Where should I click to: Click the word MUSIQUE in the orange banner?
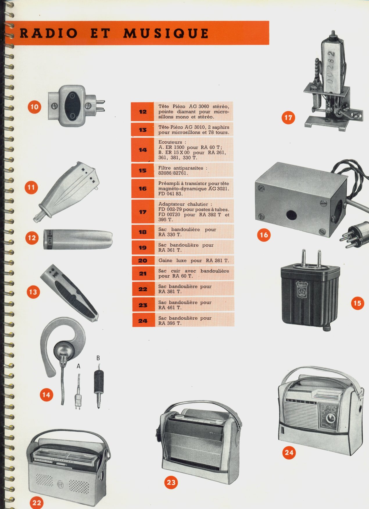tap(166, 33)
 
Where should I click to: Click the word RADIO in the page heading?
tap(49, 33)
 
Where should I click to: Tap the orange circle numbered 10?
tap(34, 107)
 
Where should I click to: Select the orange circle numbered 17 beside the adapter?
tap(288, 118)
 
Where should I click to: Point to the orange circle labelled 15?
tap(357, 303)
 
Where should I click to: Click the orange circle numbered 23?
tap(171, 483)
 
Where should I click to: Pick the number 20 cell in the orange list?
tap(143, 261)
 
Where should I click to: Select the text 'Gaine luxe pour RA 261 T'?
tap(194, 261)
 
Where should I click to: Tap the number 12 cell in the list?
tap(142, 112)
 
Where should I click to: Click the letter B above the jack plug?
tap(98, 358)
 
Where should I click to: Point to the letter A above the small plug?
tap(78, 366)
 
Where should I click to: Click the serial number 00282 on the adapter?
tap(331, 67)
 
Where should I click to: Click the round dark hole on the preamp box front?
tap(291, 215)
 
